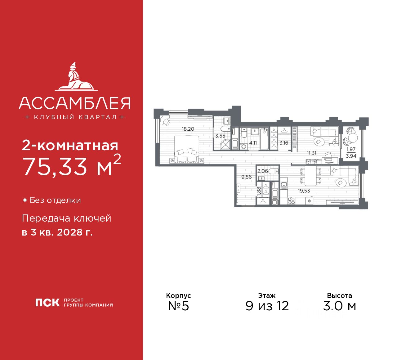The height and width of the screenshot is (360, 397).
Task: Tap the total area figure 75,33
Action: tap(56, 167)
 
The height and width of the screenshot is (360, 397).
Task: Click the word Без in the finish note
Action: tap(37, 200)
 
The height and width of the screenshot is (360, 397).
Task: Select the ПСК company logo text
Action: tap(47, 303)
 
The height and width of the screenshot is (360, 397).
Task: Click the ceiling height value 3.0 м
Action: tap(339, 306)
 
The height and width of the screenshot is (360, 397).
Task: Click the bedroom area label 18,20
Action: tap(188, 129)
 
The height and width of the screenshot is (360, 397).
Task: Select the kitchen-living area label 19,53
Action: tap(304, 191)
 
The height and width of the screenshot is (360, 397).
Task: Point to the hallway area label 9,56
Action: tap(247, 177)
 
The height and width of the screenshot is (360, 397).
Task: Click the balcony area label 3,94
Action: tap(351, 156)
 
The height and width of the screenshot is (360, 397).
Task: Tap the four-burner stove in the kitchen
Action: tap(291, 201)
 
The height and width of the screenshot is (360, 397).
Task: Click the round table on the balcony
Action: tap(353, 137)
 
